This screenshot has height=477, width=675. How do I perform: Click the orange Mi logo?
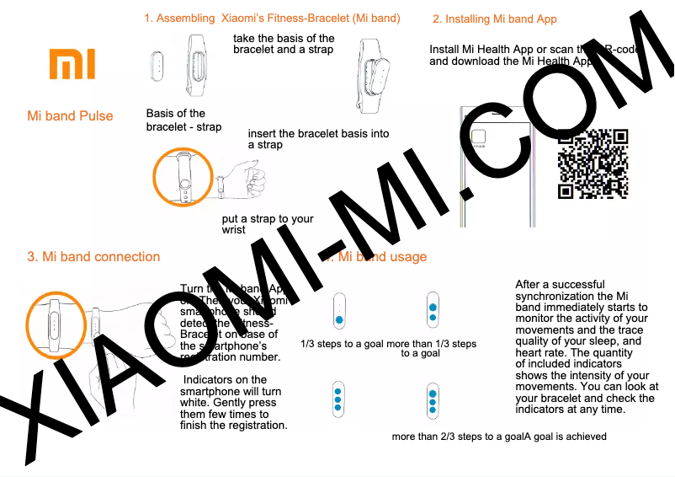pos(72,64)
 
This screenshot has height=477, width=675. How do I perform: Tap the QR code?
pos(593,163)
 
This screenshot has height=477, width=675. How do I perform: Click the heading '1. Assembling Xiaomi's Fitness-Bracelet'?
pos(271,18)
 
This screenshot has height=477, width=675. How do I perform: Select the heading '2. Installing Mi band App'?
pos(494,19)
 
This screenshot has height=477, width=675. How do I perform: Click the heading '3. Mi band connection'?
pos(93,256)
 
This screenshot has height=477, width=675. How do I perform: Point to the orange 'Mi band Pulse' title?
pos(70,115)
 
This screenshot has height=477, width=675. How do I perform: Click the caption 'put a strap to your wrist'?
pos(267,224)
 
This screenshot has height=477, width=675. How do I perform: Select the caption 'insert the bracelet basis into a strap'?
pos(318,139)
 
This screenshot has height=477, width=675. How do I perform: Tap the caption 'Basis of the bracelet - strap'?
pos(183,120)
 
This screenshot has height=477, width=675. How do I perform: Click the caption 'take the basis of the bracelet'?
pos(284,44)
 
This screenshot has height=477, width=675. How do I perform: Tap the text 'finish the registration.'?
pos(234,425)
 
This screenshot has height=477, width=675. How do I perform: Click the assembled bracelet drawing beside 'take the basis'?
pos(370,80)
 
